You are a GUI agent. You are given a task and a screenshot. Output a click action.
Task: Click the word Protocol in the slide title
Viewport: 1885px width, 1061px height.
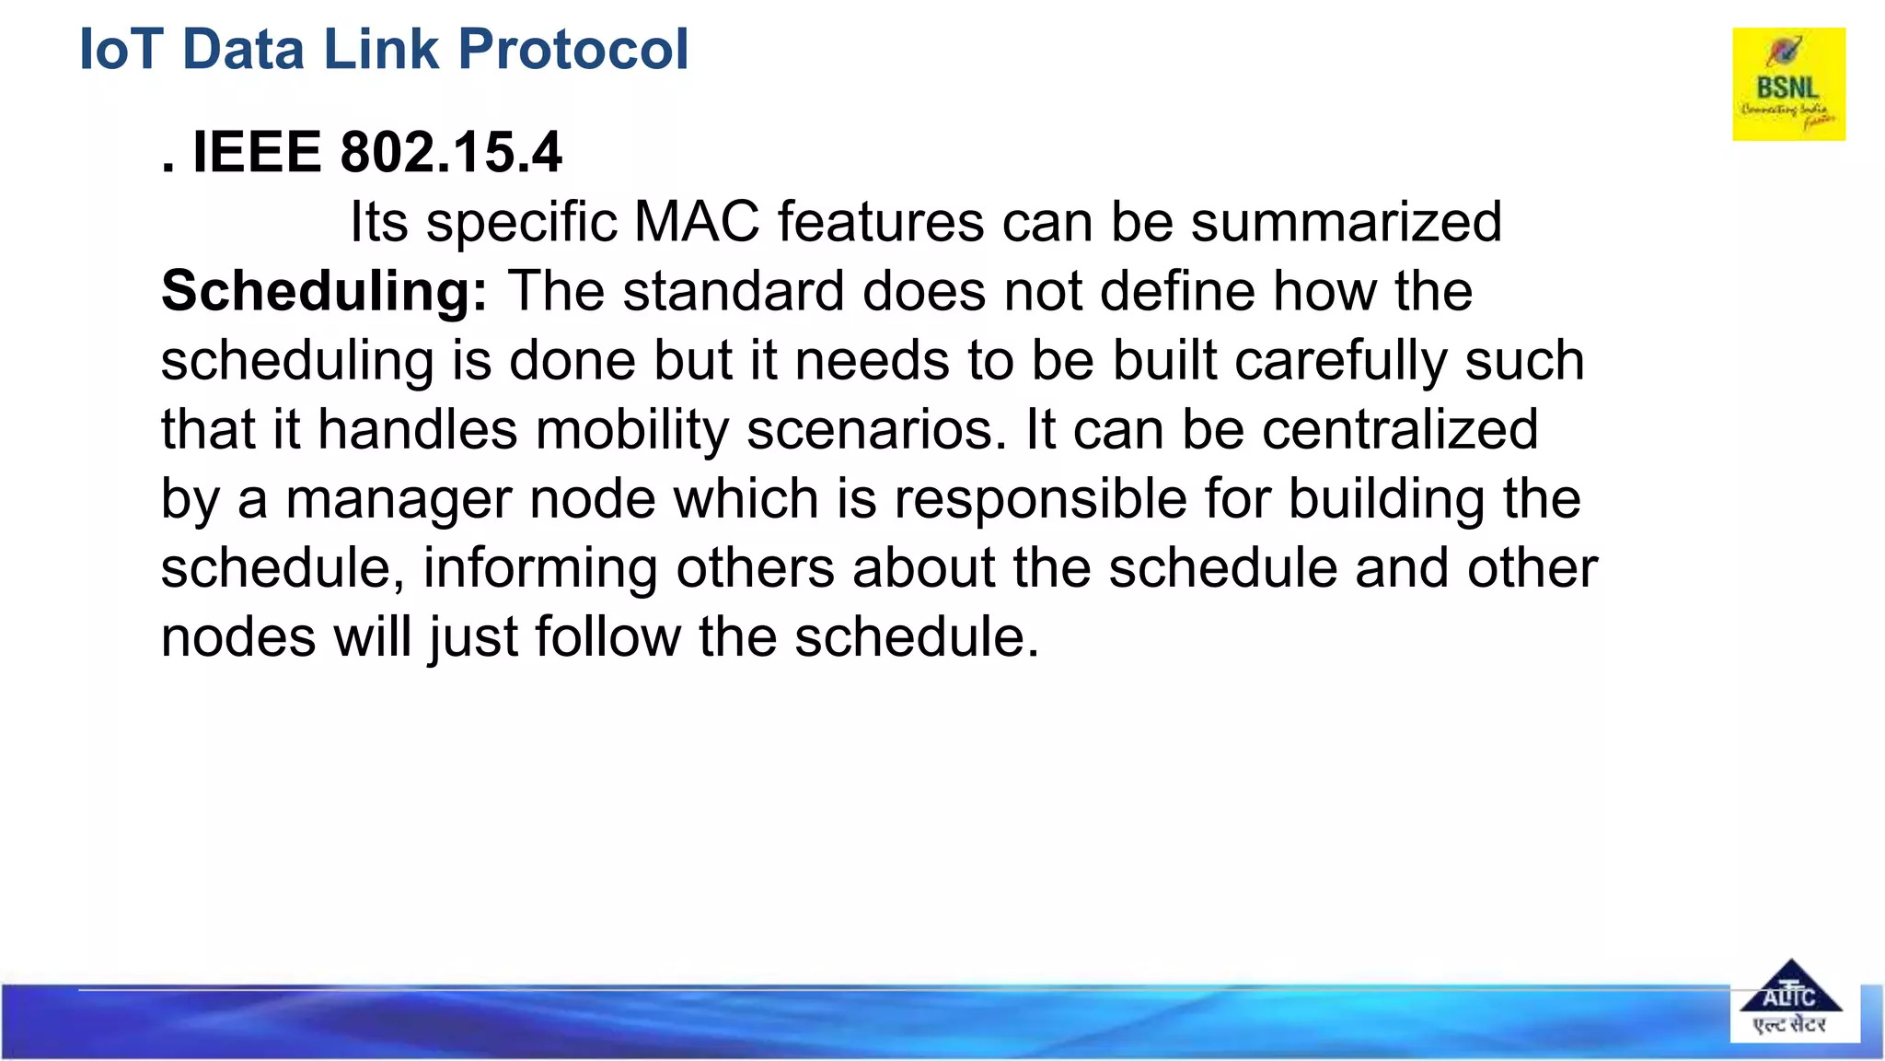(572, 49)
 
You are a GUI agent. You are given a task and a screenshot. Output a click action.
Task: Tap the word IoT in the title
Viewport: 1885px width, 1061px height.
(121, 49)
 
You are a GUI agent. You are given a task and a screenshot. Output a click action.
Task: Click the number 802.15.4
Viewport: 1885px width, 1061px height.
(450, 152)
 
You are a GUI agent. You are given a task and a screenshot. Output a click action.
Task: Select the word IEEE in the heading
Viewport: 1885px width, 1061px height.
(256, 152)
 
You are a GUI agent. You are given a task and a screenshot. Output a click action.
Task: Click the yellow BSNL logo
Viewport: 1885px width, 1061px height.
(1788, 84)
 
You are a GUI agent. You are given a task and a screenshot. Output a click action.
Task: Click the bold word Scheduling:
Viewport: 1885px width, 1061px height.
(324, 292)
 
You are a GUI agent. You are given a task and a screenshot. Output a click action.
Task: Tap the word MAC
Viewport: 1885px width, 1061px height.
(696, 222)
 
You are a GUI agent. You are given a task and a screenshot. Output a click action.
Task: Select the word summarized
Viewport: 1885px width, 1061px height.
(1346, 222)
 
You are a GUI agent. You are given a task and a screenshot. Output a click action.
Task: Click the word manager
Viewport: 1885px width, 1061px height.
(399, 499)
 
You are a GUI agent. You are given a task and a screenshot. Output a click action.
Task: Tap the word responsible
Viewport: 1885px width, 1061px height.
(1040, 499)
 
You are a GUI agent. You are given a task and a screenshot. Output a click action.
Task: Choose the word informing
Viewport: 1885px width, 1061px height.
(540, 568)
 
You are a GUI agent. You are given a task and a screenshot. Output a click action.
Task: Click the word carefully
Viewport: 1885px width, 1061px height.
(1341, 361)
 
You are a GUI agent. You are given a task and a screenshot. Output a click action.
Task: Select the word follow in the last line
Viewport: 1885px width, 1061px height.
(608, 637)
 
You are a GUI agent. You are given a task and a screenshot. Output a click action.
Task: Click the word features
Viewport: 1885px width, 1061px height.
(881, 222)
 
